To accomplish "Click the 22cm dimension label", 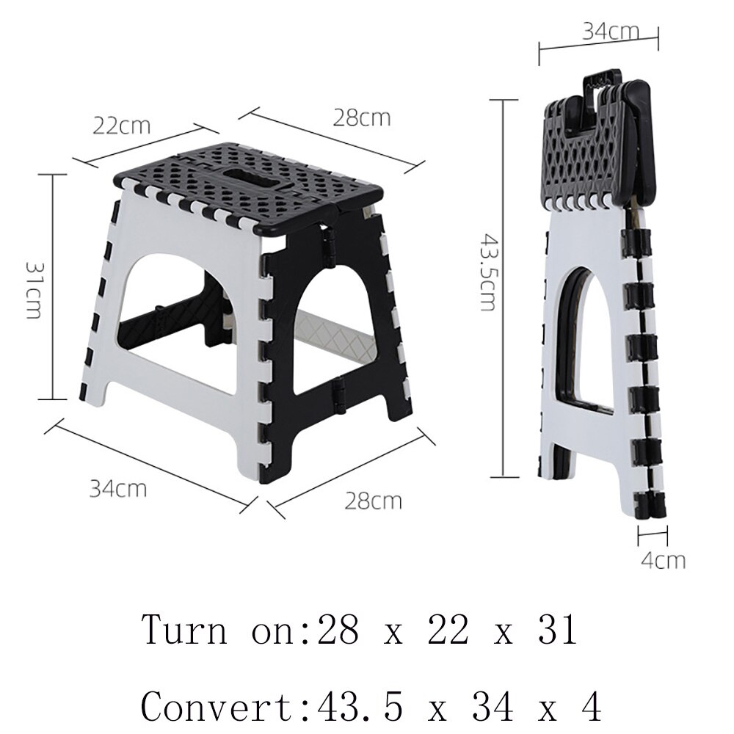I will [121, 126].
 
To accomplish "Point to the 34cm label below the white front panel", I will [117, 487].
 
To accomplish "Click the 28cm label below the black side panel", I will [373, 501].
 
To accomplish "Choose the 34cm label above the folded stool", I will [611, 31].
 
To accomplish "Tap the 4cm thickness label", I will [663, 561].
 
